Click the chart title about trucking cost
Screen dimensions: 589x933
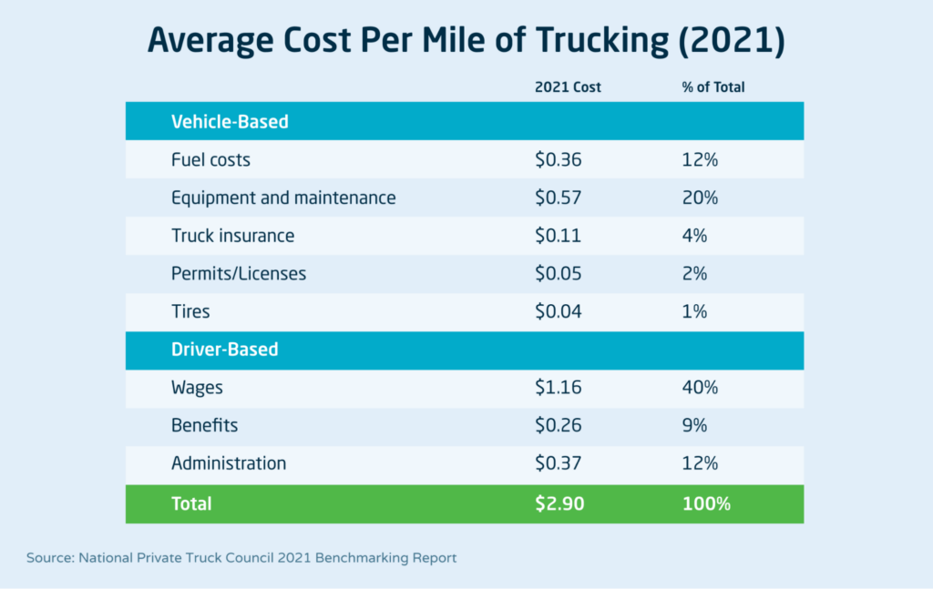point(466,42)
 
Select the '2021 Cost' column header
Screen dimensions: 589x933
point(568,87)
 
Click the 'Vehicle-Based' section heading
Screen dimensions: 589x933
point(230,121)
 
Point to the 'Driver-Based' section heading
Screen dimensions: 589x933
point(225,350)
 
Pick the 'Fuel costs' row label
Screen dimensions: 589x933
point(210,160)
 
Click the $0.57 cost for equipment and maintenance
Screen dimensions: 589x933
point(558,198)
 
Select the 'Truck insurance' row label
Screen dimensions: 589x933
point(232,236)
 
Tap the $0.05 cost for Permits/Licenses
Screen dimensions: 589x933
point(558,273)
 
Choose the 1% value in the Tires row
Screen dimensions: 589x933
point(694,311)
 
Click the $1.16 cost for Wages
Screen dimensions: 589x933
point(558,388)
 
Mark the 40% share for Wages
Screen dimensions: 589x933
point(700,388)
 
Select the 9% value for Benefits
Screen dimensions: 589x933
point(694,425)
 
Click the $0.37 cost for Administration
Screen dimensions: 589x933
point(558,463)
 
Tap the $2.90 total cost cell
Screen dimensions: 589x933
point(558,503)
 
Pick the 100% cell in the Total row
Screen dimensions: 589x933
point(706,503)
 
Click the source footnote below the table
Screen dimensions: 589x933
point(241,557)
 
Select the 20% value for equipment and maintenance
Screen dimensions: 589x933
point(700,198)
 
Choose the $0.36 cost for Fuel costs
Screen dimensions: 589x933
point(558,160)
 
